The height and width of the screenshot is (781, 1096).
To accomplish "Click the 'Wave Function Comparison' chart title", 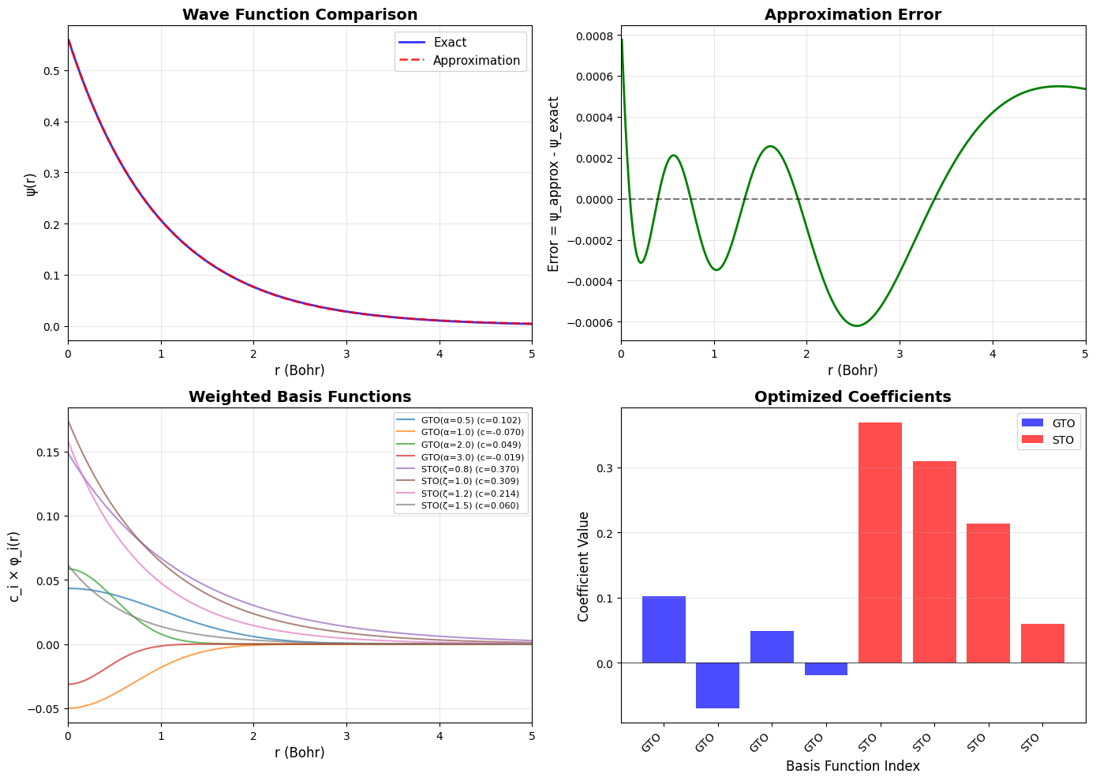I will pyautogui.click(x=300, y=14).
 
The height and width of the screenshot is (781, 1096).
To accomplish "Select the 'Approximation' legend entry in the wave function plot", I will pyautogui.click(x=476, y=61).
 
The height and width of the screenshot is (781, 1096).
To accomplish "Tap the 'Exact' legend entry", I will pyautogui.click(x=450, y=43).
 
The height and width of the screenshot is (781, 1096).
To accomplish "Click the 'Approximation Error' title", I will pyautogui.click(x=852, y=14).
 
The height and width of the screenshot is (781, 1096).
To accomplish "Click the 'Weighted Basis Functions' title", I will pyautogui.click(x=300, y=396).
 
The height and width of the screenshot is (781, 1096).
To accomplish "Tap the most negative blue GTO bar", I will pyautogui.click(x=717, y=685).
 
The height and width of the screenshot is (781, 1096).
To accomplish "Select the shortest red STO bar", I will pyautogui.click(x=1042, y=643).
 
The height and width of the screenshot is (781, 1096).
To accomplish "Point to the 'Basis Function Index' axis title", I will pyautogui.click(x=852, y=765).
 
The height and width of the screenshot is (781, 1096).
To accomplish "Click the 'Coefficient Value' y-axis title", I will pyautogui.click(x=584, y=565).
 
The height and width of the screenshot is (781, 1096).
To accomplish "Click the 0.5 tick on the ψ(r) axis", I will pyautogui.click(x=54, y=71).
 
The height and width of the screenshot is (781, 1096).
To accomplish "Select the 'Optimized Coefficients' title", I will pyautogui.click(x=852, y=396).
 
